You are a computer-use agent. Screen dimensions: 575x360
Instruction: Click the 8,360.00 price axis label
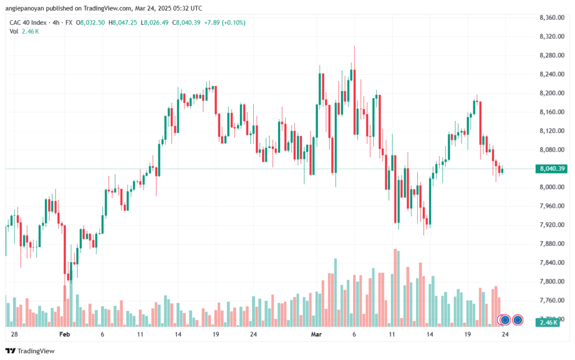tap(551, 17)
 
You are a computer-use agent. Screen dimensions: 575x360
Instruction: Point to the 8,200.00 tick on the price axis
tap(551, 93)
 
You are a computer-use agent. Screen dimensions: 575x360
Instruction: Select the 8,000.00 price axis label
tap(551, 187)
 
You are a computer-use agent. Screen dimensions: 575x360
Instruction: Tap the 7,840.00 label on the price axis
tap(551, 262)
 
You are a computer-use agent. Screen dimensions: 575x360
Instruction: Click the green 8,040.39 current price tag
tap(551, 168)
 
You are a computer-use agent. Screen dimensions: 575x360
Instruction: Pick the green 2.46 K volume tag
tap(547, 322)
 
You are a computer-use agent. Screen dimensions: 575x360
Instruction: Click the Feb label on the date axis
tap(65, 334)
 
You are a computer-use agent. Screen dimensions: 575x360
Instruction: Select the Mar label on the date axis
tap(316, 334)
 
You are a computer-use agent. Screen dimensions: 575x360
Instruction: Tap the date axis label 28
tap(14, 334)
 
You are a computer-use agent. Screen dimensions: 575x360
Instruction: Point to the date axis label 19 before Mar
tap(216, 334)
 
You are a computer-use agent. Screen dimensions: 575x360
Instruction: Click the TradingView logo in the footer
tap(30, 351)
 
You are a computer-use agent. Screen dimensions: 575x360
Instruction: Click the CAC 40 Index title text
tap(28, 22)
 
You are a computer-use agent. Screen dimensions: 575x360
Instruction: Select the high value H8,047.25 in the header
tap(123, 22)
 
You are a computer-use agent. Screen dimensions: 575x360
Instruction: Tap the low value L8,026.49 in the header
tap(155, 22)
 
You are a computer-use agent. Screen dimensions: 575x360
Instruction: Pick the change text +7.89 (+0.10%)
tap(225, 22)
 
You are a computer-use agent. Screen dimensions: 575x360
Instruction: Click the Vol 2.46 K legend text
tap(24, 31)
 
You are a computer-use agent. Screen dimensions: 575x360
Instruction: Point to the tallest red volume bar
tap(395, 288)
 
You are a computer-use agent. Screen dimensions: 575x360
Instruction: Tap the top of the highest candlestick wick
tap(354, 46)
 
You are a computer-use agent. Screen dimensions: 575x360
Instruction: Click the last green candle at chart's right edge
tap(502, 171)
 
